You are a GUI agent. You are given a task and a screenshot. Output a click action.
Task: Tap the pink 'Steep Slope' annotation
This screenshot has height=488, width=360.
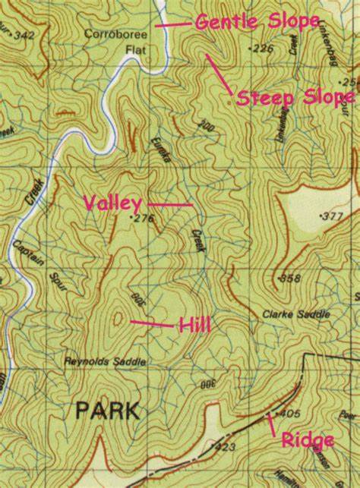point(295,98)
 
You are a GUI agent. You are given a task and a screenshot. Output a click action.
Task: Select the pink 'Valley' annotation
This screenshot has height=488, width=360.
point(112,203)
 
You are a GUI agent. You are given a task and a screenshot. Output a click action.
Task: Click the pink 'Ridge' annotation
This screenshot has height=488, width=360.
point(307,440)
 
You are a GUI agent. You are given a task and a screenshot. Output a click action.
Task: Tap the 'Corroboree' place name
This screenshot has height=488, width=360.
point(113,34)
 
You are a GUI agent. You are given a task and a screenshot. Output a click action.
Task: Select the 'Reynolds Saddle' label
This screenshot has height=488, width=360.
point(105,362)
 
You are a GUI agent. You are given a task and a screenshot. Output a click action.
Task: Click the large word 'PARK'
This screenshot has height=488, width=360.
point(107,411)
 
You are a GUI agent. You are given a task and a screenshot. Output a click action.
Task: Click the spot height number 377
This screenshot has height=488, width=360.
point(332,216)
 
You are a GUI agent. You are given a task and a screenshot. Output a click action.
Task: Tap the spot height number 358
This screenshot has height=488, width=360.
point(290,279)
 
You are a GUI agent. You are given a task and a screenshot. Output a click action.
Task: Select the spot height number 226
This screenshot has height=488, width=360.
point(263,49)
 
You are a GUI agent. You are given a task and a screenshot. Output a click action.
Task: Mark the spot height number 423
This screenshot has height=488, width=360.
point(225,448)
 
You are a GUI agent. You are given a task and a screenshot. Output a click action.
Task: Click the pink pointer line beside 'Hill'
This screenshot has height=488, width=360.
point(151,324)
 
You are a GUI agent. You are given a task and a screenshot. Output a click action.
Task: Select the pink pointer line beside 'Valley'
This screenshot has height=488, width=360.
point(169,204)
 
